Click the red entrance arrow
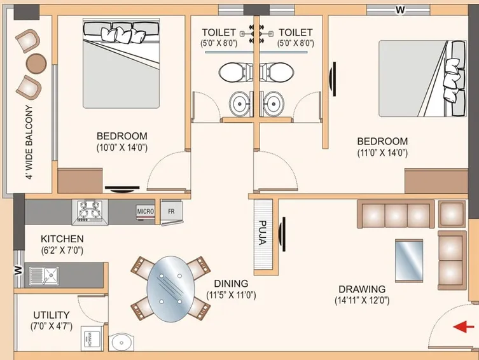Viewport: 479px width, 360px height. [465, 327]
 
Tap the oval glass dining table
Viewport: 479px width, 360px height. [170, 288]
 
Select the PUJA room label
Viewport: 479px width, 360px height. [263, 233]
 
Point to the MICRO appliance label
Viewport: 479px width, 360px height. [146, 211]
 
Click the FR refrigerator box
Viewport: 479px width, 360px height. [171, 211]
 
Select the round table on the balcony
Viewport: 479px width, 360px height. [36, 62]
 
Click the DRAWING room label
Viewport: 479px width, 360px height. [361, 289]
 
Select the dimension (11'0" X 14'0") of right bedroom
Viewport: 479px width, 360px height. [382, 152]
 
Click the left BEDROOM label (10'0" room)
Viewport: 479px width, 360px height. [121, 136]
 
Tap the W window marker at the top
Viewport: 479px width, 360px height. [400, 9]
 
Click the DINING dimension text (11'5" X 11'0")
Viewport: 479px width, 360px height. [231, 295]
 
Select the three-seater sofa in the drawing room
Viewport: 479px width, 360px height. [395, 214]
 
